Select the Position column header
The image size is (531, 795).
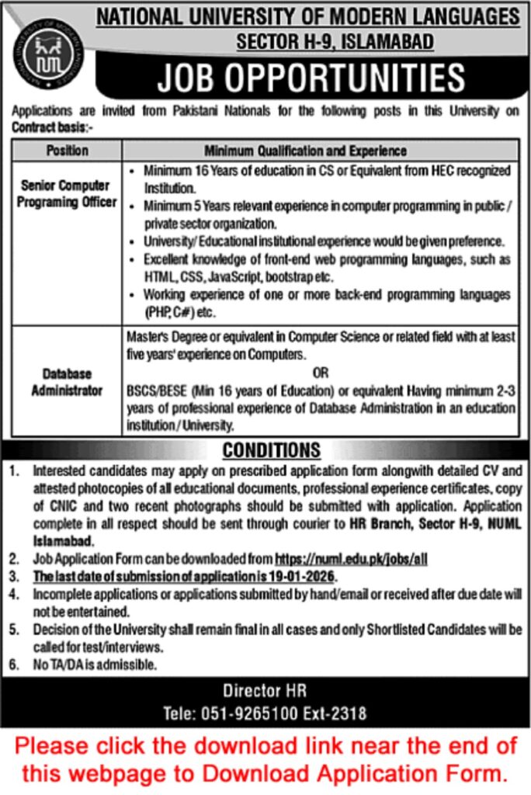tap(67, 150)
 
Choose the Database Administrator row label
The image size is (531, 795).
tap(67, 383)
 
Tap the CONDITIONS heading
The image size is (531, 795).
tap(271, 450)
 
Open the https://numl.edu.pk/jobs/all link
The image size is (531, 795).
tap(351, 558)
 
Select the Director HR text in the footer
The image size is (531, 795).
tap(265, 690)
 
